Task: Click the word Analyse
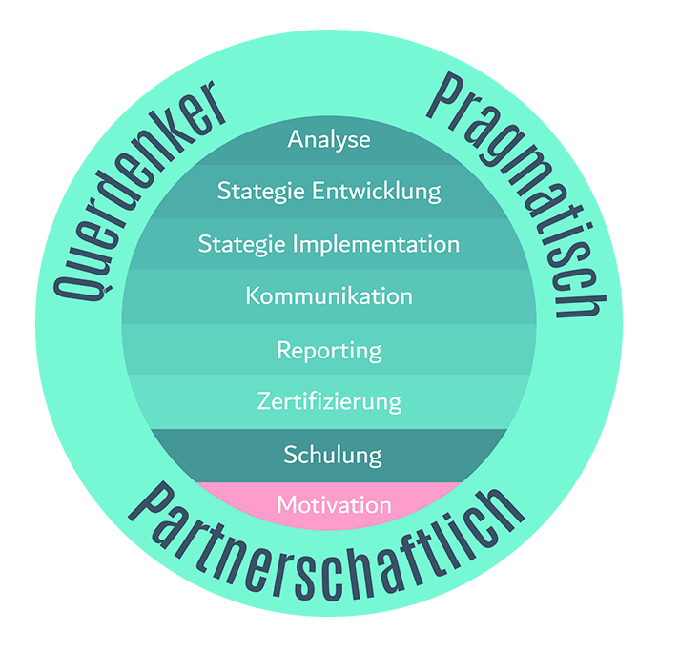coord(329,140)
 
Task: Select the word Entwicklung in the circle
coord(377,192)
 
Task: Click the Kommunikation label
coord(329,296)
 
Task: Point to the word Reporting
coord(329,351)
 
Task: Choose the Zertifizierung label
coord(329,402)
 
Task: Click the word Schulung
coord(332,455)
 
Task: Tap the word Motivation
coord(334,505)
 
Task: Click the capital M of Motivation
coord(286,505)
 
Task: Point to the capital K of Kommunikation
coord(252,296)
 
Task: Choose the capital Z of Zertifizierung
coord(264,402)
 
